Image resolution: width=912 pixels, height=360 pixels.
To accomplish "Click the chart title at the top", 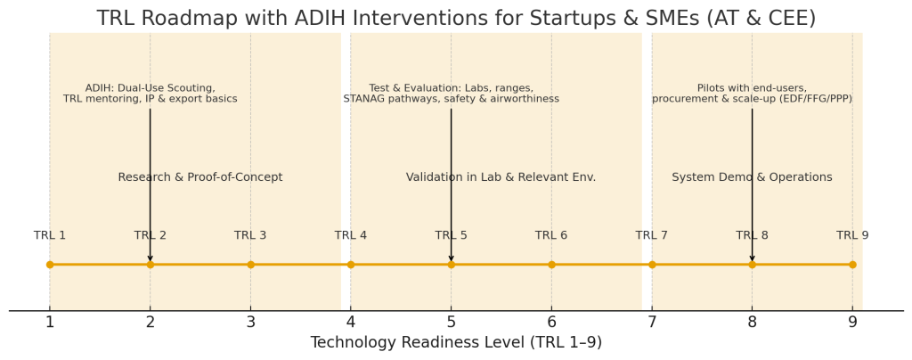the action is tap(456, 18).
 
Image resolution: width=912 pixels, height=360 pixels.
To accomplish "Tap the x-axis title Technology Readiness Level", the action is tap(456, 342).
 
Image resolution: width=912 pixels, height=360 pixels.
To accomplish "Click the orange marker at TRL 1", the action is tap(50, 265).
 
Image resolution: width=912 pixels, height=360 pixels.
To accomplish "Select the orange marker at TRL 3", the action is tap(250, 265).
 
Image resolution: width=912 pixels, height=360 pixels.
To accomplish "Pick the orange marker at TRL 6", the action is tap(551, 265).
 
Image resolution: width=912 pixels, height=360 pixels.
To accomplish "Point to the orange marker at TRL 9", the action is tap(852, 265).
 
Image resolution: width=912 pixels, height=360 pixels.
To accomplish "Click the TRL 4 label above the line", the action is tap(351, 235).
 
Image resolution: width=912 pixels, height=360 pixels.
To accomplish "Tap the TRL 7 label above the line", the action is tap(651, 235).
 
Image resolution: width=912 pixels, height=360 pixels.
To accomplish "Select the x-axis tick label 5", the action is tap(451, 322).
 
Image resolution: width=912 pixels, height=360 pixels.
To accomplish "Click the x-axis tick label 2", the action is tap(150, 322).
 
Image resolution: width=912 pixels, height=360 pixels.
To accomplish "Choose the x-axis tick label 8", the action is tap(752, 322).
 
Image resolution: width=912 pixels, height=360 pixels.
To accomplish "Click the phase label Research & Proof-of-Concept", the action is tap(200, 176).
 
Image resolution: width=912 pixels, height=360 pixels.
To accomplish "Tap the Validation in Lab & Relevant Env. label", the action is tap(501, 176).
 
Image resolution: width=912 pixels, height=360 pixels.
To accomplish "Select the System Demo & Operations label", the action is tap(752, 176).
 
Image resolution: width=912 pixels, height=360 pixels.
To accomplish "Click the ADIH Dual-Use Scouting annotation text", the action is tap(150, 94).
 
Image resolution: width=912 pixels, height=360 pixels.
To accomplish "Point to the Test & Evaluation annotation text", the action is tap(451, 94).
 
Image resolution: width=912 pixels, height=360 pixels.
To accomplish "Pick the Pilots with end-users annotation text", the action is tap(752, 94).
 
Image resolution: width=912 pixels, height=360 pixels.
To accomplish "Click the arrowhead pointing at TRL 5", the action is tap(451, 258).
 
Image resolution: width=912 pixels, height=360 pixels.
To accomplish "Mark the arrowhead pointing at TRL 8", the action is tap(752, 258).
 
